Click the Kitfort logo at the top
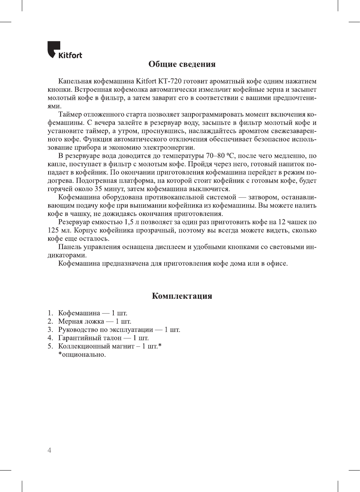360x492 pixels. tap(64, 50)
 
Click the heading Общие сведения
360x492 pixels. tap(182, 64)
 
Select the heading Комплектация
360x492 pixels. tap(182, 296)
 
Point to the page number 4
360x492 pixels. tap(49, 450)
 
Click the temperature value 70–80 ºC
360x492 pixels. tap(221, 156)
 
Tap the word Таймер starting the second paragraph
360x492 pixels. tap(71, 114)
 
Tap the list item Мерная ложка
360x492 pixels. tap(81, 321)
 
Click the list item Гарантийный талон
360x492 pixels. tap(90, 338)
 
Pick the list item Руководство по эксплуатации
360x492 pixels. tap(105, 330)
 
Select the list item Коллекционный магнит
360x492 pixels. tap(96, 346)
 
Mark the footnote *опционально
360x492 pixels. tap(82, 355)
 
